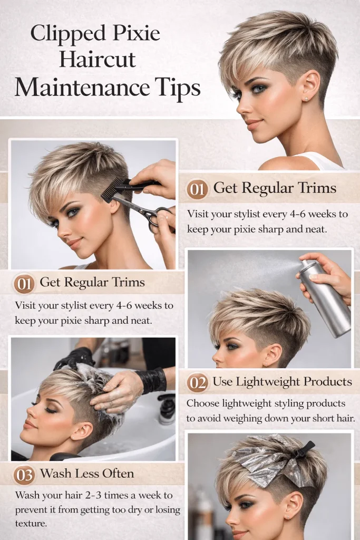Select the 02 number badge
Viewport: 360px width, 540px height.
[x=197, y=382]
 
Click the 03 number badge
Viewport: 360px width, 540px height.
[x=24, y=475]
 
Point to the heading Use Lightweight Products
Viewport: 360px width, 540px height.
[x=282, y=381]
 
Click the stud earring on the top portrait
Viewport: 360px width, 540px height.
[x=306, y=98]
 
